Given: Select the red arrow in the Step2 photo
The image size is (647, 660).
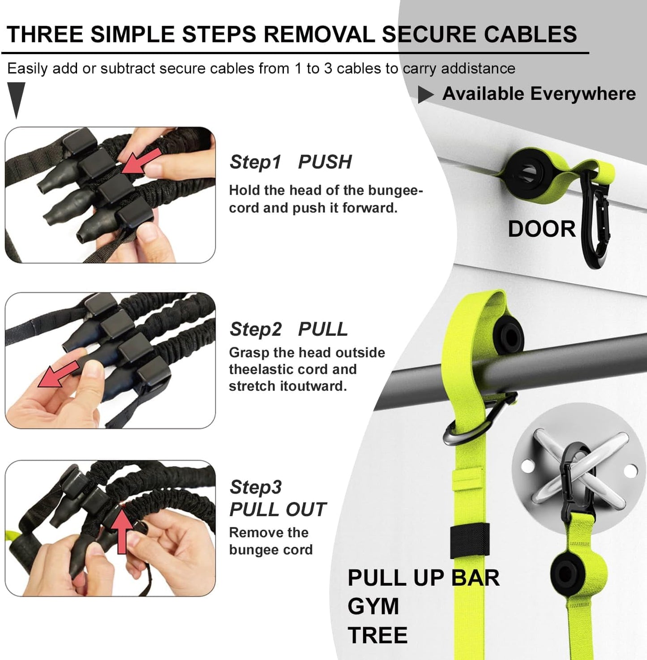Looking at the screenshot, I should (x=57, y=375).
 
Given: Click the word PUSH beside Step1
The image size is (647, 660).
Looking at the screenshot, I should (x=325, y=162).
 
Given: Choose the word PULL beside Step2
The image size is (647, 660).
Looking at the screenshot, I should (x=322, y=330).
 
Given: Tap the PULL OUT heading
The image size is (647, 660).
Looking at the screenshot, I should (x=278, y=510).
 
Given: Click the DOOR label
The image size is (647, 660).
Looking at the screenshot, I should (x=541, y=229).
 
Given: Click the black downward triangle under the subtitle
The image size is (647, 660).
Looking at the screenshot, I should (x=16, y=98).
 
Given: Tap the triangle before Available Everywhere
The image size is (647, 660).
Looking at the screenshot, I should (x=425, y=94).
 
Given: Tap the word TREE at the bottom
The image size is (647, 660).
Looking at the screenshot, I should (x=377, y=635).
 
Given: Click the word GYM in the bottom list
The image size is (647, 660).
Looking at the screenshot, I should (x=373, y=607).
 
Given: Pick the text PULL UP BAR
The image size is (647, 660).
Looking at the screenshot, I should (x=423, y=578).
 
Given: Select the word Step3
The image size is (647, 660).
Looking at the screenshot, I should (x=256, y=487).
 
